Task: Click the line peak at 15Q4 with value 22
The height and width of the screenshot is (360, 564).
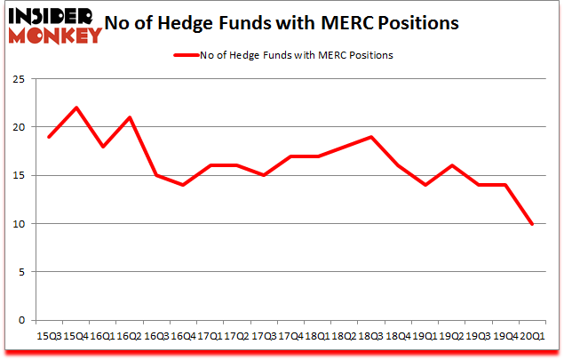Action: (x=77, y=108)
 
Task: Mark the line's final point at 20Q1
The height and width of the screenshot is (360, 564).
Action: (x=532, y=223)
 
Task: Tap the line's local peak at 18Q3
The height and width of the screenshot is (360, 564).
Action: (x=371, y=137)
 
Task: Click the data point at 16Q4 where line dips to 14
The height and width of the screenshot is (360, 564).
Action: (x=184, y=185)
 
